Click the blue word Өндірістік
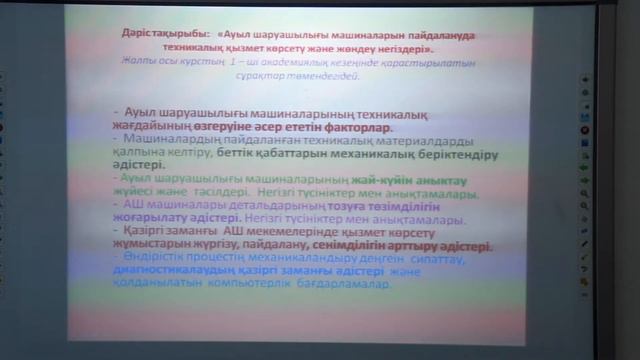click(153, 258)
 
